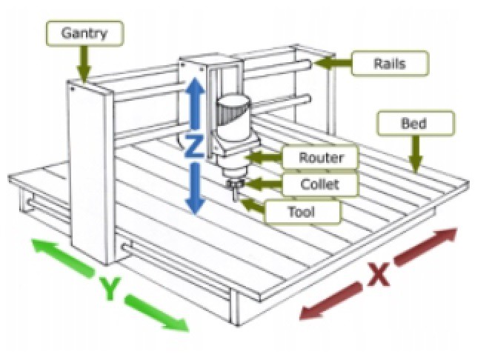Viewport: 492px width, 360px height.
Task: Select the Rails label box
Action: click(389, 63)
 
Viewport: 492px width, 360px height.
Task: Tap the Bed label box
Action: click(413, 123)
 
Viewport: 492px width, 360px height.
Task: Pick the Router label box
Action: click(319, 158)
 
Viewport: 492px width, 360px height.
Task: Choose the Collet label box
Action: click(319, 184)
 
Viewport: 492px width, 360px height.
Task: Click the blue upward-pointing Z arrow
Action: click(193, 104)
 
